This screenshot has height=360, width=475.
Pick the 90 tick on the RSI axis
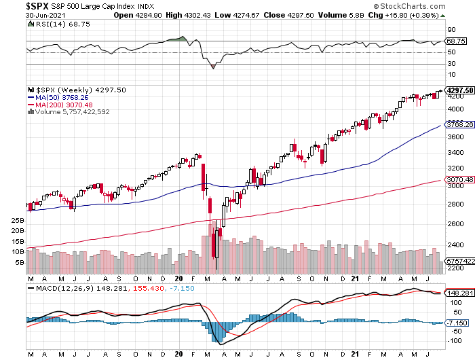coord(450,30)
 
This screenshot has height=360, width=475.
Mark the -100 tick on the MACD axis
coord(452,340)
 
